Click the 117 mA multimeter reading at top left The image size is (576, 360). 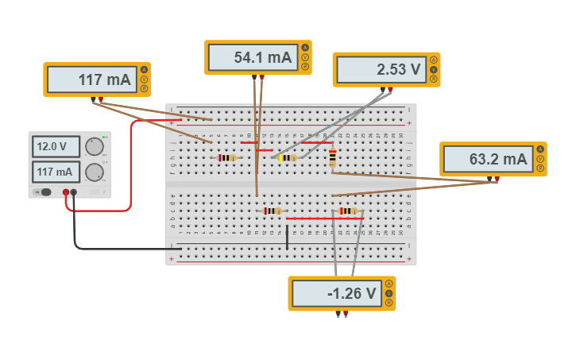(91, 79)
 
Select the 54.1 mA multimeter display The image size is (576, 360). (252, 57)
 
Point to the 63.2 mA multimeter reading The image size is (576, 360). (487, 159)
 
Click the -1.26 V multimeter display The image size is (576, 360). (335, 293)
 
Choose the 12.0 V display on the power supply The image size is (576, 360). (56, 146)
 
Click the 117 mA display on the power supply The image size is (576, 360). (56, 172)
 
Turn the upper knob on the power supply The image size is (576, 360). (95, 146)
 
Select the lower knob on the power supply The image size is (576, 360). (95, 172)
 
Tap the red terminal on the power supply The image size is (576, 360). (66, 192)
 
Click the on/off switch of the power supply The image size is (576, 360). (45, 192)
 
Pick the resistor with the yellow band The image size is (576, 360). (287, 157)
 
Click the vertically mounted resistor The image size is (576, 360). (332, 159)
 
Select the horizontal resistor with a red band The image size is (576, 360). (348, 211)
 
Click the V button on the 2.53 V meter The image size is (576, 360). (434, 69)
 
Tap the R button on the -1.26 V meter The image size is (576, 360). (389, 303)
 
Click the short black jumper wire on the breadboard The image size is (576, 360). (288, 237)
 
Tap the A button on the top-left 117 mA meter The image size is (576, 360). (144, 70)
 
